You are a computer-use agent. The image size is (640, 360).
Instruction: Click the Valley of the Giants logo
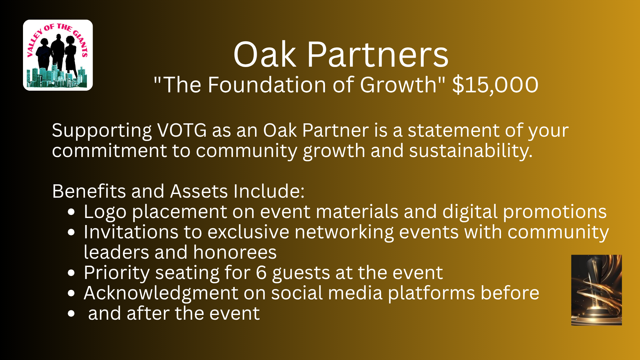58,55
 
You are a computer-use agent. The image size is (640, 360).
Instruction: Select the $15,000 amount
495,85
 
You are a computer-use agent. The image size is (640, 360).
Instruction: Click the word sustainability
471,151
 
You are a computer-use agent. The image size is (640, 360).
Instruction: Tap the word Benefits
89,191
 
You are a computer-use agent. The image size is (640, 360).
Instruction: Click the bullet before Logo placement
71,212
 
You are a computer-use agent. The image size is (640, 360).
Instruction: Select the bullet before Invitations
71,232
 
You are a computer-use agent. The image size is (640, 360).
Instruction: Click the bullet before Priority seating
71,273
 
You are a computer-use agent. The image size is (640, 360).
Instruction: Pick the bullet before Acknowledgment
71,293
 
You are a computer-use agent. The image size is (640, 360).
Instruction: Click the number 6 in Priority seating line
261,273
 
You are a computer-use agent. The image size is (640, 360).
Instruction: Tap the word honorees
235,252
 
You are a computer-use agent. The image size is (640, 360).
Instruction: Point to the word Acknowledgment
161,293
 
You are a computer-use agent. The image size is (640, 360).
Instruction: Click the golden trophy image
596,290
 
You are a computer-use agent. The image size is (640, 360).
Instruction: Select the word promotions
555,212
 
